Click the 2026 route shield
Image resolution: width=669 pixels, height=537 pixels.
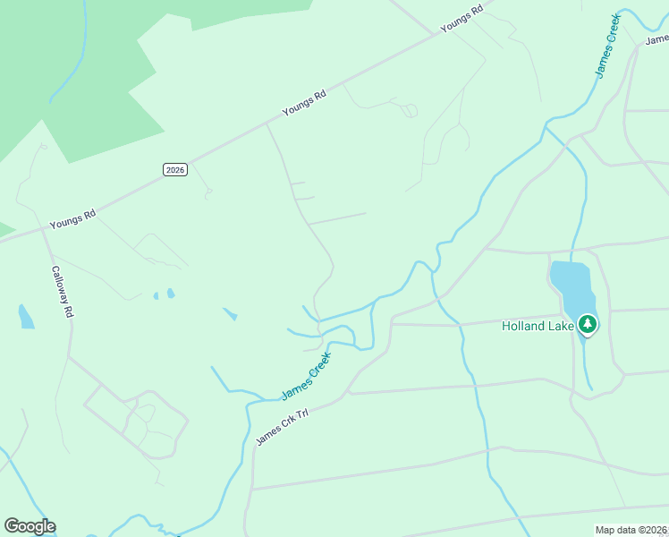tap(175, 169)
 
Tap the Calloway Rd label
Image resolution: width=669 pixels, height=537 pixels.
tap(62, 292)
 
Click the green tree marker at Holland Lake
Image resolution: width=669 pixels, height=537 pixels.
tap(588, 324)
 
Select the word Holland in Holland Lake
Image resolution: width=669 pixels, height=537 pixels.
tap(523, 326)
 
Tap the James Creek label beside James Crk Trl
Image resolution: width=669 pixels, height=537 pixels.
tap(306, 376)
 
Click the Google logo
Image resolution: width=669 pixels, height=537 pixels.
tap(30, 526)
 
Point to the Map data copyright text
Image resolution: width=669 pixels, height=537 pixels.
tap(631, 530)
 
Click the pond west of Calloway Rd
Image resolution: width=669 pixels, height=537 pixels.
tap(25, 317)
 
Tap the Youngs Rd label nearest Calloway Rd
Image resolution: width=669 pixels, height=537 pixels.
tap(72, 219)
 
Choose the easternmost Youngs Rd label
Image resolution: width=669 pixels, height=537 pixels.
tap(462, 19)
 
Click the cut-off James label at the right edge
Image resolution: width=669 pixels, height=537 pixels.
tap(657, 38)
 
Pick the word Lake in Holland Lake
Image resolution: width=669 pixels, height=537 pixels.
tap(561, 326)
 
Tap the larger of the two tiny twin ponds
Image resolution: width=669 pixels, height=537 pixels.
tap(170, 293)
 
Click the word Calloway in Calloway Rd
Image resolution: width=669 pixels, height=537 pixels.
tap(59, 285)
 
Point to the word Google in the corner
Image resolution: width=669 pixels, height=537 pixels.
tap(30, 526)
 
